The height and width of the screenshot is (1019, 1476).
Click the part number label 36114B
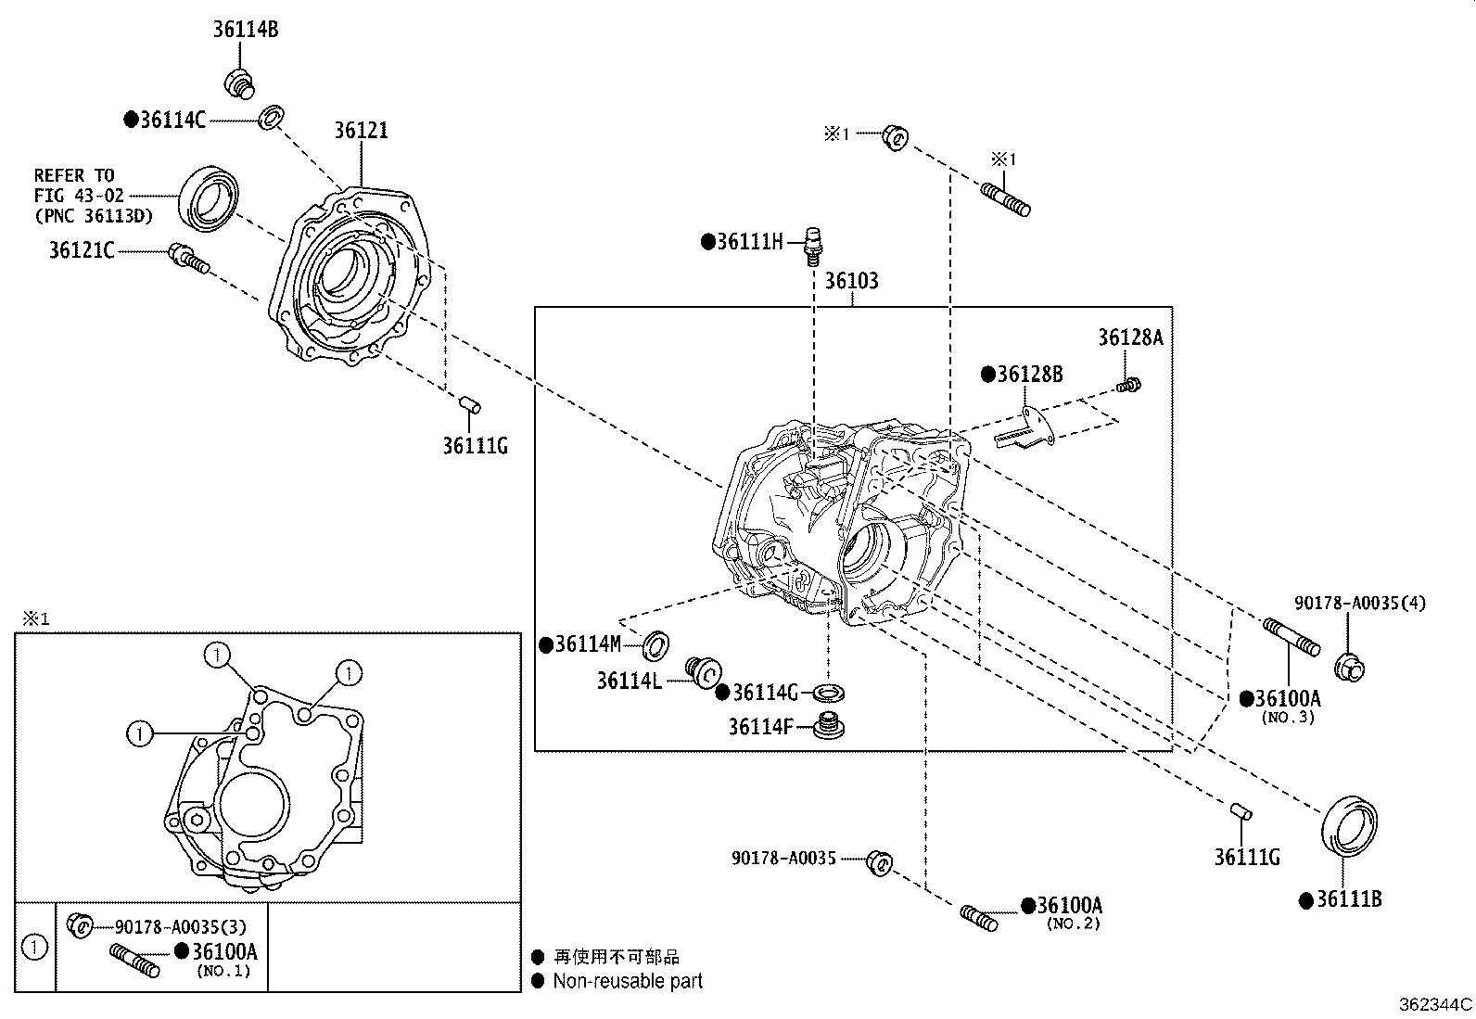tap(245, 30)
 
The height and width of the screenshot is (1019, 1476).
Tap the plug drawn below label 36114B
tap(239, 82)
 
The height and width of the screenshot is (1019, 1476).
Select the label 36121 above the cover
tap(361, 131)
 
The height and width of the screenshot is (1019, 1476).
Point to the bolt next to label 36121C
tap(188, 260)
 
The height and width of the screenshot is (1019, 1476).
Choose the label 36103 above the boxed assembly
tap(851, 281)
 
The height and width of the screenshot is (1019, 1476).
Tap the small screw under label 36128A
tap(1129, 384)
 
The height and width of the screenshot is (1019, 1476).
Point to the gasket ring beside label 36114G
tap(828, 693)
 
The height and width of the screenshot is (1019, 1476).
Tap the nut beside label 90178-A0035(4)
tap(1351, 667)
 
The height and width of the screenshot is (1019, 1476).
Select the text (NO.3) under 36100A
tap(1287, 717)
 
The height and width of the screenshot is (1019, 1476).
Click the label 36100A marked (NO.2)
tap(1068, 906)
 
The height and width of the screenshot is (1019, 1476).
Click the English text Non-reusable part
tap(627, 981)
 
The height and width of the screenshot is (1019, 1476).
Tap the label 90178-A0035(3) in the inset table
tap(180, 925)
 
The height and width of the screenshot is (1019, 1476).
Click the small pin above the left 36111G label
tap(470, 404)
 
